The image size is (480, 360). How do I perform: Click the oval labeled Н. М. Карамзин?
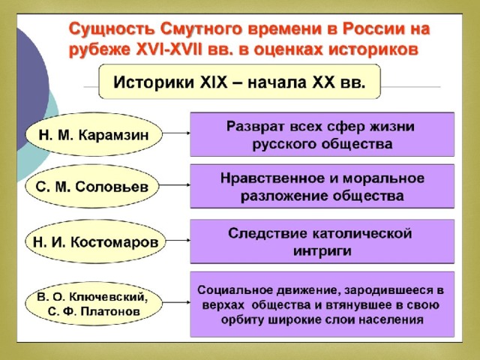[94, 134]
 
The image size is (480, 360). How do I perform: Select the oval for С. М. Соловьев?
[92, 186]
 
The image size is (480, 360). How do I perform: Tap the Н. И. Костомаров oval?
[95, 241]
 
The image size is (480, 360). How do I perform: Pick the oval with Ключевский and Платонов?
[94, 303]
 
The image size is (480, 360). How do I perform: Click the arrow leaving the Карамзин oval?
[176, 133]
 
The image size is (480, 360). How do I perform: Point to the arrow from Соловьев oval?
[175, 185]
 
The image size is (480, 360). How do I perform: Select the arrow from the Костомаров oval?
[178, 240]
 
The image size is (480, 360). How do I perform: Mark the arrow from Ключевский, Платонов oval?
[176, 302]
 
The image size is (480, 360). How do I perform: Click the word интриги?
[322, 251]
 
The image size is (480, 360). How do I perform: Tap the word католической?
[362, 234]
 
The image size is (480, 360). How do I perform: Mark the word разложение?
[284, 196]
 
